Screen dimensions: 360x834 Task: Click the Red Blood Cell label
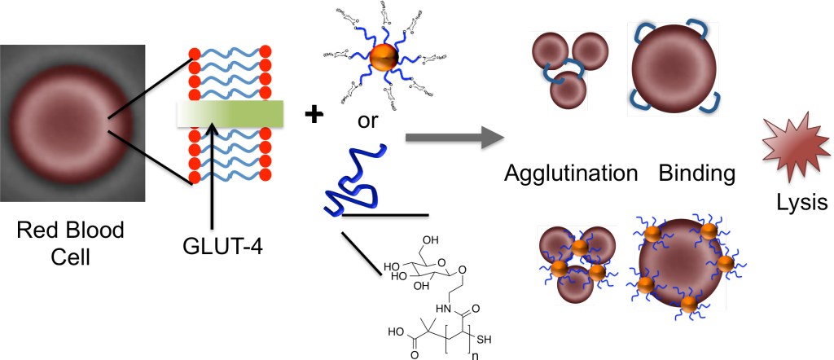coord(72,244)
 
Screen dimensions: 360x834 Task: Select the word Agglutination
coord(570,173)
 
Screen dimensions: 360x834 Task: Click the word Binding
coord(696,173)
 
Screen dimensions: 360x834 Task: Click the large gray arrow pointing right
coord(453,137)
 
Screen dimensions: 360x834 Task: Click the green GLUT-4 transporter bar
coord(230,114)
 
